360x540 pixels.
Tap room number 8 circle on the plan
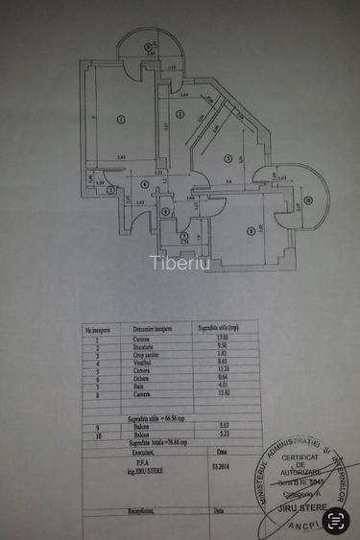click(251, 229)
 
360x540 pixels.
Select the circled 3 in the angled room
click(228, 158)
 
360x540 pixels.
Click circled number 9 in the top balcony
click(147, 46)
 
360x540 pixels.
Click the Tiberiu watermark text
click(180, 263)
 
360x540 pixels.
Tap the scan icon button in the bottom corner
click(336, 521)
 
